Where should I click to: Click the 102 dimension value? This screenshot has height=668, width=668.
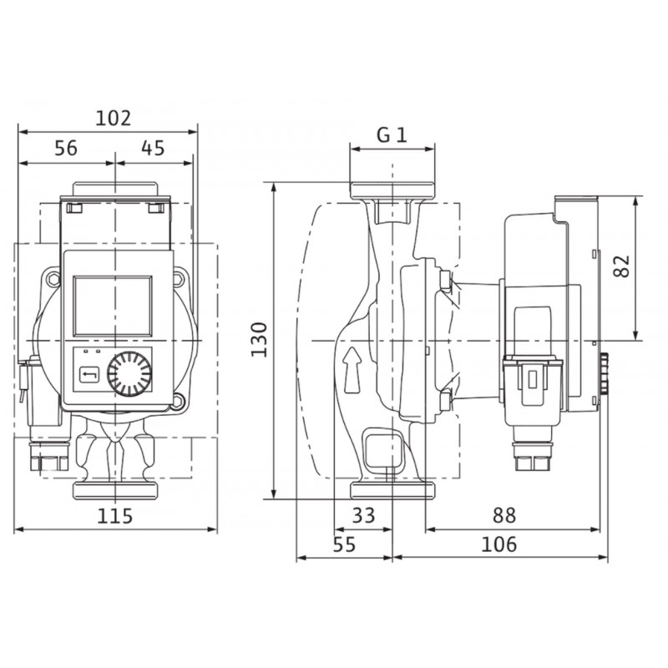tap(113, 118)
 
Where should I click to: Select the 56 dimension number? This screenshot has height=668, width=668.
tap(66, 149)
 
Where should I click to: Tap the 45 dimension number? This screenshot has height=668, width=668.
tap(153, 149)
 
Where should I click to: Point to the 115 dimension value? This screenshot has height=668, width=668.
tap(115, 516)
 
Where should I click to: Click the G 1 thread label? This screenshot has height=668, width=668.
tap(392, 135)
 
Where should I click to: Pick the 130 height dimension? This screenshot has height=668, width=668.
tap(259, 340)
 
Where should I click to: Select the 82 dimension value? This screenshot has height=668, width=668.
tap(622, 266)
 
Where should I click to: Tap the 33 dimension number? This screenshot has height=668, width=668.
tap(363, 515)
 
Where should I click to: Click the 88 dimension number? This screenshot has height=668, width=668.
tap(504, 515)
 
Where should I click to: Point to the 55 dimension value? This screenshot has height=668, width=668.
tap(344, 544)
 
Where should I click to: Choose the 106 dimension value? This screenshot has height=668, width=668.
tap(498, 544)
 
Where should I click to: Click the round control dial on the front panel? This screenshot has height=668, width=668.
tap(129, 373)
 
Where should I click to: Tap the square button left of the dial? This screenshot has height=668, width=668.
tap(89, 375)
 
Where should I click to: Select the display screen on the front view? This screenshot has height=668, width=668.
tap(113, 306)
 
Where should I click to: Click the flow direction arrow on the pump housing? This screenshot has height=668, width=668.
tap(352, 369)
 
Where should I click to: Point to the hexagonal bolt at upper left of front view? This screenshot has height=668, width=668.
tap(53, 280)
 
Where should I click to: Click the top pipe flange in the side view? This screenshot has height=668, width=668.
tap(392, 190)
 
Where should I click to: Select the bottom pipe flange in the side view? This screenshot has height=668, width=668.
tap(392, 490)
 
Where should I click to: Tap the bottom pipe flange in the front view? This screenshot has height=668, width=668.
tap(115, 490)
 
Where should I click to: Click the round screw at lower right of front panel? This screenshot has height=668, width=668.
tap(178, 400)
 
